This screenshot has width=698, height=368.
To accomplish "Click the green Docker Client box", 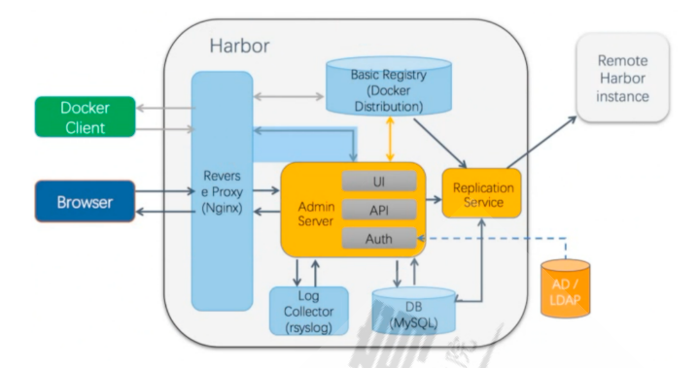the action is pos(85,117).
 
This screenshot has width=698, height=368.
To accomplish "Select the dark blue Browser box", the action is pos(85,201).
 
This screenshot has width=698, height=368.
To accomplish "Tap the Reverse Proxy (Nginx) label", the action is pos(222,191).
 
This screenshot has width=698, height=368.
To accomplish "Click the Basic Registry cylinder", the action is pos(389,85).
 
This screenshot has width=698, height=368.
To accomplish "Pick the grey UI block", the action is pos(379,182).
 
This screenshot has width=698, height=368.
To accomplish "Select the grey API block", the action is pos(379,210).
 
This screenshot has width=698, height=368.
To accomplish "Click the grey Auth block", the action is pos(379,239).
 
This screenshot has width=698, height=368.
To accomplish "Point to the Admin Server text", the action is pos(316,214).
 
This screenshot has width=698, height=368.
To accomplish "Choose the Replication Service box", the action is pos(481,193).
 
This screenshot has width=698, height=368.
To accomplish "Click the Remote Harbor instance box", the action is pos(623,79).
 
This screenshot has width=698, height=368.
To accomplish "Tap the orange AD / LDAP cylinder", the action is pos(566,289).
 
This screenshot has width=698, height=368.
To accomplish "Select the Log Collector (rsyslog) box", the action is pos(309,311).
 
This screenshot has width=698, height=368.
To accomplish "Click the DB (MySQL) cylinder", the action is pos(413,311).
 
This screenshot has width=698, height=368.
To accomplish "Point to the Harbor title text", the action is pos(239,46).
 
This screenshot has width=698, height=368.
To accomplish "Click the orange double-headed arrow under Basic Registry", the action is pos(390,139).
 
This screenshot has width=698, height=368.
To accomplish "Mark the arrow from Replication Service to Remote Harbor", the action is pos(541,142).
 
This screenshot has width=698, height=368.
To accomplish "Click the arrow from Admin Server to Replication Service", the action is pos(434,200).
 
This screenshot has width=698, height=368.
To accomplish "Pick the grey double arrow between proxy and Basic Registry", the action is pos(289,96).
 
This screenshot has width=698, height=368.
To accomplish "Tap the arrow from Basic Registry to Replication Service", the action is pos(439,143).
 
